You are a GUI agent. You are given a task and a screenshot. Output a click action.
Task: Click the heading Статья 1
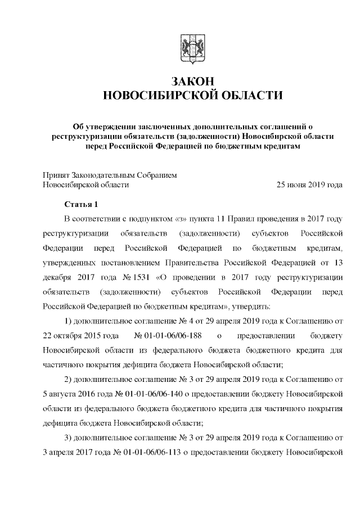[x=82, y=204]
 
